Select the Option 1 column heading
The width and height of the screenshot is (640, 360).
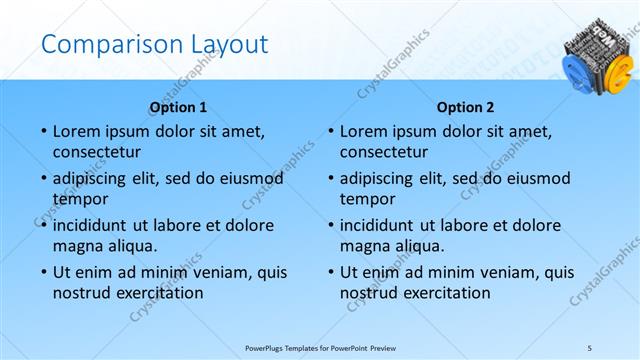click(x=179, y=107)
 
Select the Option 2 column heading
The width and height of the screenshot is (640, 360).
click(x=466, y=107)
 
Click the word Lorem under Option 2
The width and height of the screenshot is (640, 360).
click(x=364, y=131)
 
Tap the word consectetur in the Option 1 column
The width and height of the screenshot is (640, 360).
click(x=96, y=152)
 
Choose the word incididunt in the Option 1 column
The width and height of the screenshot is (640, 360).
click(x=92, y=224)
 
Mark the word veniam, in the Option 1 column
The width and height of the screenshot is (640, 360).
click(x=223, y=271)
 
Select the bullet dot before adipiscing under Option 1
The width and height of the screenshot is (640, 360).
click(x=43, y=179)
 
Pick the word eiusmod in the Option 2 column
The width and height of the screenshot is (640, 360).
click(x=537, y=178)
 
